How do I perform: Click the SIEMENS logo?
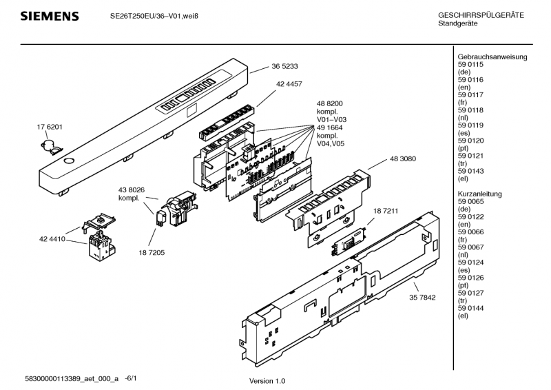click(49, 16)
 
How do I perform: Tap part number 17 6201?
click(50, 127)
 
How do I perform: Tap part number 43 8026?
click(132, 190)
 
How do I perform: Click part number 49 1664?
click(331, 127)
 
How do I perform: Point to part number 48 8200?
click(331, 103)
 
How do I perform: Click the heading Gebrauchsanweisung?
click(492, 57)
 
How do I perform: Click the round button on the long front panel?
click(68, 160)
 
